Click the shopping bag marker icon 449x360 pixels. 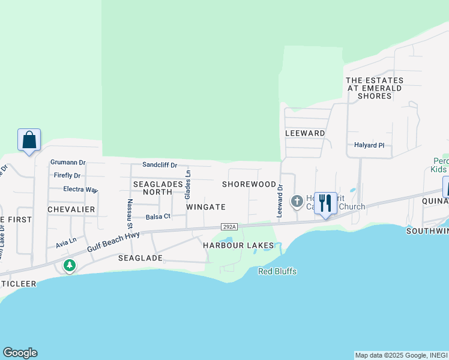click(x=29, y=140)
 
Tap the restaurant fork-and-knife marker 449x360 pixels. click(x=325, y=203)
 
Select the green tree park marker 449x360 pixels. click(x=70, y=265)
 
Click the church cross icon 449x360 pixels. click(x=297, y=201)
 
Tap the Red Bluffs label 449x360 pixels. click(x=277, y=271)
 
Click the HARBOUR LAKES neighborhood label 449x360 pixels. click(x=238, y=245)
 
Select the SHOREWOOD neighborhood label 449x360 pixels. click(x=249, y=184)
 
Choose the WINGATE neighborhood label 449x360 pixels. click(x=205, y=207)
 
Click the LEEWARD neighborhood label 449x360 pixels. click(x=305, y=133)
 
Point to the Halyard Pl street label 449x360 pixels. click(x=369, y=145)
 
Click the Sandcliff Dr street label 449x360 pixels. click(x=160, y=165)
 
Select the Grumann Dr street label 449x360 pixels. click(x=68, y=163)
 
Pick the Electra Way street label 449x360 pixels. click(x=80, y=190)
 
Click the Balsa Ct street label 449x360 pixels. click(x=158, y=216)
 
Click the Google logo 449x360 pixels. click(x=20, y=353)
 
